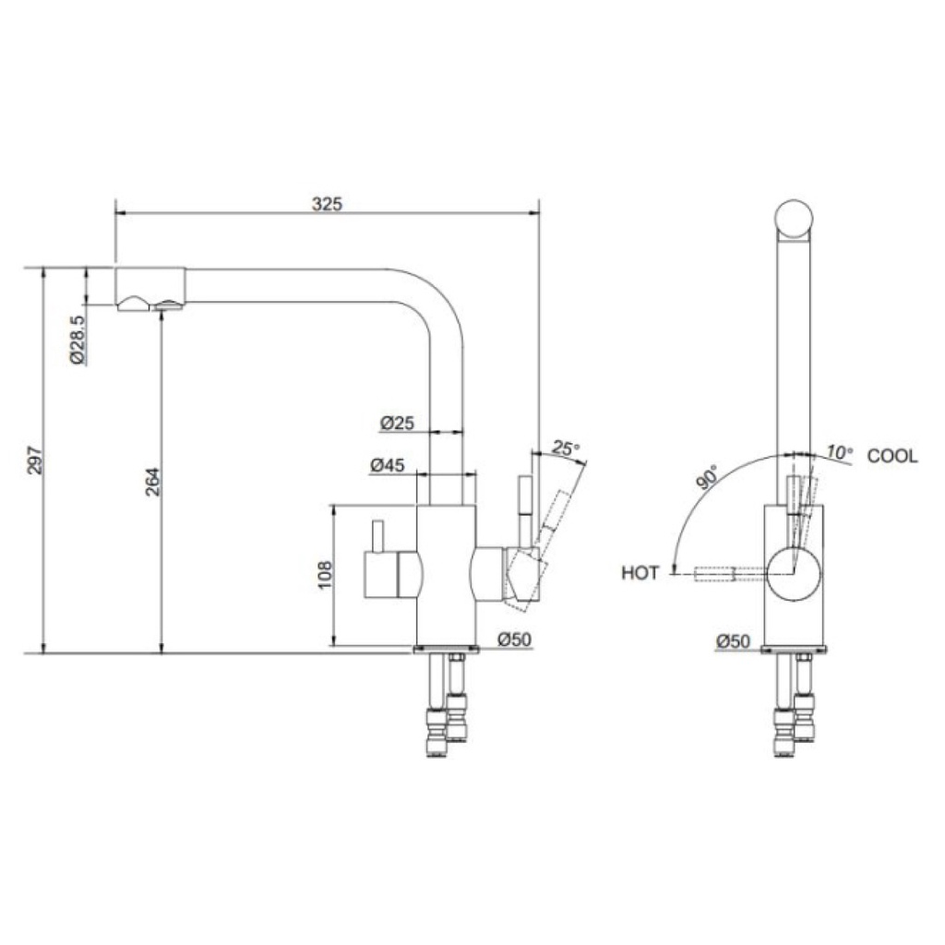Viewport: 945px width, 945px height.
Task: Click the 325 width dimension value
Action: pos(327,204)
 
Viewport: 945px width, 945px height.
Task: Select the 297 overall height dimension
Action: pos(36,461)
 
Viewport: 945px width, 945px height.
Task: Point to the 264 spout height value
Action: pos(153,482)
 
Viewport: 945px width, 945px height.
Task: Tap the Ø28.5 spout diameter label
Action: pos(78,340)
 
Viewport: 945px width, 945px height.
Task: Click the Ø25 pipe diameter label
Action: pos(397,423)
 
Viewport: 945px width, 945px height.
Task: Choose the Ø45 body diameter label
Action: pos(388,465)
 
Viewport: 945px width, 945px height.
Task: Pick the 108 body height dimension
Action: pos(324,575)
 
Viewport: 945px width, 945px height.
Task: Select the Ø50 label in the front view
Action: pos(734,641)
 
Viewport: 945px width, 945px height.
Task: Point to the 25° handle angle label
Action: pos(566,448)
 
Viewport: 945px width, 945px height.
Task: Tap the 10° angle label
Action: pos(840,452)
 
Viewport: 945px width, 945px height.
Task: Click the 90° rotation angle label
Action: pos(708,476)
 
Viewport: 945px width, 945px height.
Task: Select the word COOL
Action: pos(892,456)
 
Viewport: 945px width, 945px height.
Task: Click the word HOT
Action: pos(640,572)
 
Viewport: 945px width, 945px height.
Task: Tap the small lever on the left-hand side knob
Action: pos(377,536)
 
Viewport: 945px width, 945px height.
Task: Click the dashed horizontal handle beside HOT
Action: pos(714,573)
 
